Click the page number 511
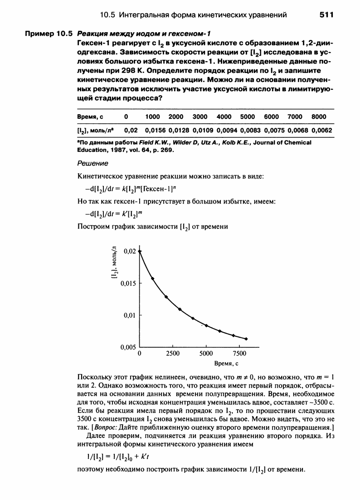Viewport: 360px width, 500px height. point(326,15)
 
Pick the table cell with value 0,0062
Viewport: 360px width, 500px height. point(322,130)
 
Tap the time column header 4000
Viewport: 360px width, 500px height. point(224,117)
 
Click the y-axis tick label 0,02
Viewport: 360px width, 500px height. point(130,251)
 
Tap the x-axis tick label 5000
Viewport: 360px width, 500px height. point(206,353)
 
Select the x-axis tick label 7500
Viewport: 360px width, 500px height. point(239,353)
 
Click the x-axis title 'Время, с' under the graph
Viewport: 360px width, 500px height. point(226,364)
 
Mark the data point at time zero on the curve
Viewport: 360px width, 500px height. point(140,251)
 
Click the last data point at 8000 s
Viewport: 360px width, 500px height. point(246,339)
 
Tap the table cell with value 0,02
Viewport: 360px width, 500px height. point(131,130)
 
